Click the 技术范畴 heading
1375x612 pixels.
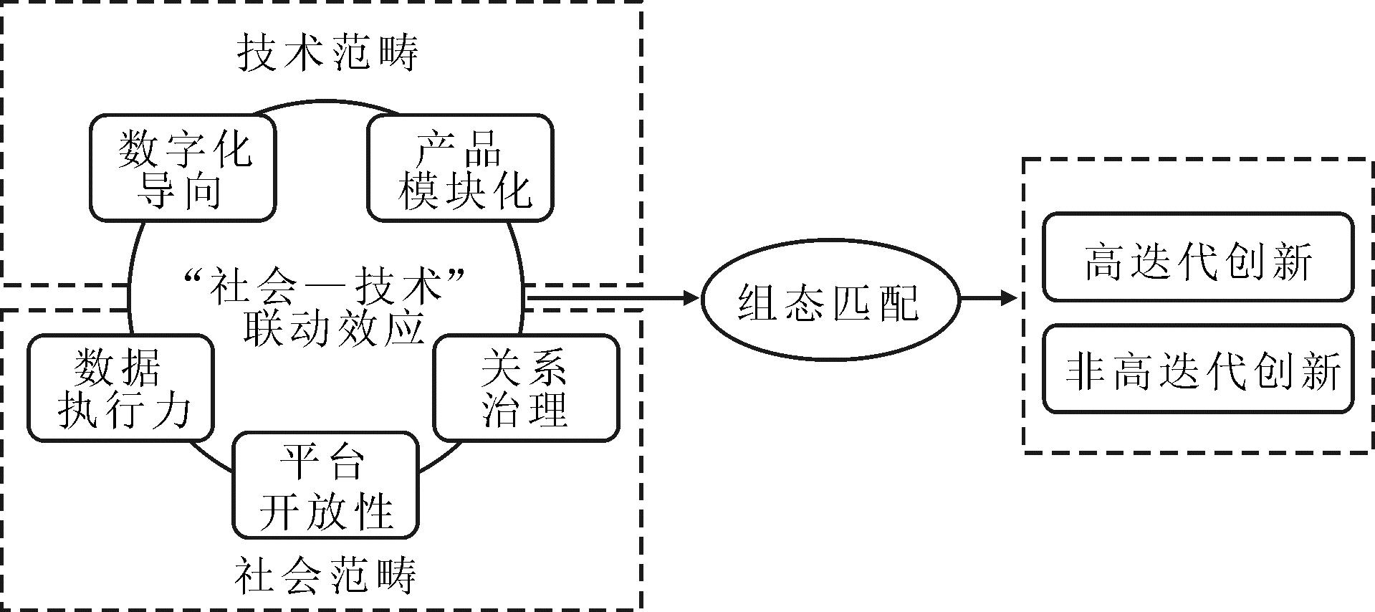[x=327, y=52]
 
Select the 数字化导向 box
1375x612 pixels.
[x=183, y=168]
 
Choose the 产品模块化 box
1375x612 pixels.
[x=461, y=168]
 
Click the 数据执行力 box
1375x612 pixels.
[x=121, y=388]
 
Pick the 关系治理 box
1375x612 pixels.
[x=526, y=388]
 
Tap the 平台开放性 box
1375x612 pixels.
[x=325, y=485]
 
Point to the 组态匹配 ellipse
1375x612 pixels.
[x=830, y=300]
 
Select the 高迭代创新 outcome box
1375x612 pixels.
[x=1197, y=257]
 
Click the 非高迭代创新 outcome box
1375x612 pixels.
[x=1197, y=369]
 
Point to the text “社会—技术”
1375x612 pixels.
[x=326, y=285]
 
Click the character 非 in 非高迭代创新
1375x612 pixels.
[x=1083, y=370]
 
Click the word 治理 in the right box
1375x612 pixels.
[x=525, y=409]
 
